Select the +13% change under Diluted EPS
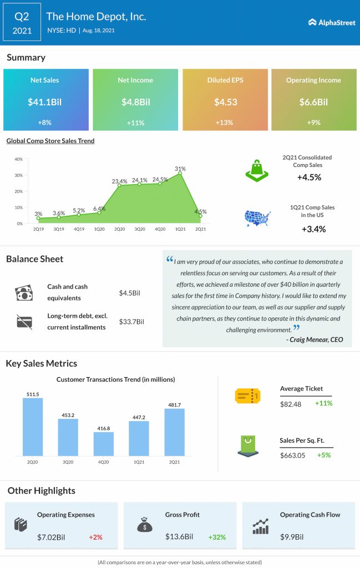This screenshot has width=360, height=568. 225,122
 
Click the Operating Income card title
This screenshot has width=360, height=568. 313,80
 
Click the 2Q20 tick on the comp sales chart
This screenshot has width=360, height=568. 119,229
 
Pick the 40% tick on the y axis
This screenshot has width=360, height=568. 18,159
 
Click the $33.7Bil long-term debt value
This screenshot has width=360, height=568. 131,322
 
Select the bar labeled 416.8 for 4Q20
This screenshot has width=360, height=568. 103,444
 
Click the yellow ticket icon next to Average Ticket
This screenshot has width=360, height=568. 247,395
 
